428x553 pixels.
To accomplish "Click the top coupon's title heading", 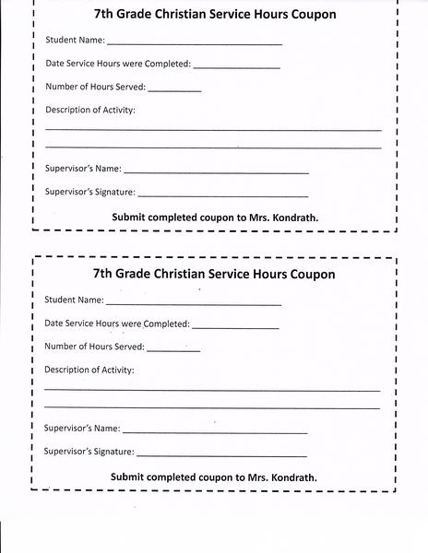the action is pyautogui.click(x=215, y=15).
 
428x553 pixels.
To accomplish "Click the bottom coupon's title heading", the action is pyautogui.click(x=214, y=275).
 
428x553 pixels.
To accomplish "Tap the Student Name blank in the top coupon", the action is pyautogui.click(x=195, y=42).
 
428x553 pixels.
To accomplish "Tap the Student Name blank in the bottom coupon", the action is pyautogui.click(x=194, y=302).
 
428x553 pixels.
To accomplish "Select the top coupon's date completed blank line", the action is pyautogui.click(x=236, y=66).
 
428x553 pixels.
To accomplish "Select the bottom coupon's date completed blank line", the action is pyautogui.click(x=235, y=326).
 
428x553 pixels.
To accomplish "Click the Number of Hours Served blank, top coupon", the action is pyautogui.click(x=174, y=89).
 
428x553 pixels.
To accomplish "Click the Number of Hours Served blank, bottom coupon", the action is pyautogui.click(x=173, y=349).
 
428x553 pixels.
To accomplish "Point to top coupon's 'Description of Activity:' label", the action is pyautogui.click(x=90, y=111).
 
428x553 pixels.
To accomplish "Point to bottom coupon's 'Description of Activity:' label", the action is pyautogui.click(x=89, y=371).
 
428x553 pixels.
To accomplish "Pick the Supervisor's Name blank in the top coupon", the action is pyautogui.click(x=216, y=171).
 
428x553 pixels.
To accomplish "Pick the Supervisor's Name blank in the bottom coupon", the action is pyautogui.click(x=215, y=430).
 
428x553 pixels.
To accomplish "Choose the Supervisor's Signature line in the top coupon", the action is pyautogui.click(x=222, y=194).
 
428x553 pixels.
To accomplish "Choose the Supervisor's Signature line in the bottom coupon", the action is pyautogui.click(x=221, y=454).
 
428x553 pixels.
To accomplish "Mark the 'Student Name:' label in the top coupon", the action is pyautogui.click(x=75, y=41).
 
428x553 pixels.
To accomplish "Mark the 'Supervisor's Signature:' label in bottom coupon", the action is pyautogui.click(x=89, y=453).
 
